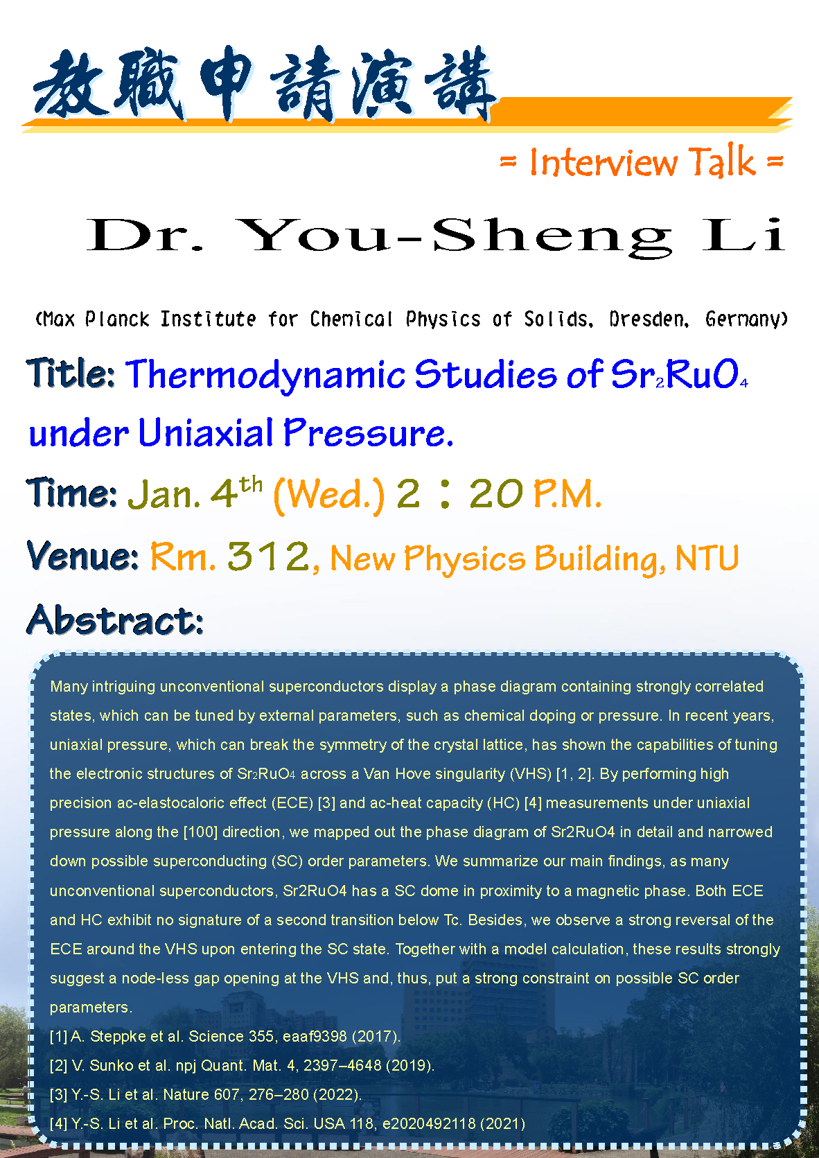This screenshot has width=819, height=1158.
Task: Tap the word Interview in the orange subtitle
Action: point(603,162)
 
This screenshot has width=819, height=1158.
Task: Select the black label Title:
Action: point(71,373)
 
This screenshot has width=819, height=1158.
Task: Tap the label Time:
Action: point(72,493)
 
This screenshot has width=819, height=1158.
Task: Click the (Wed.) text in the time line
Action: point(329,495)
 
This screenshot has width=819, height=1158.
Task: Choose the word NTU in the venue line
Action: point(707,559)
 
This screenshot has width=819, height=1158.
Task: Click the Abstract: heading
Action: point(115,620)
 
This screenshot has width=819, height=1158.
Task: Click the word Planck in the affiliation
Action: point(117,319)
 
